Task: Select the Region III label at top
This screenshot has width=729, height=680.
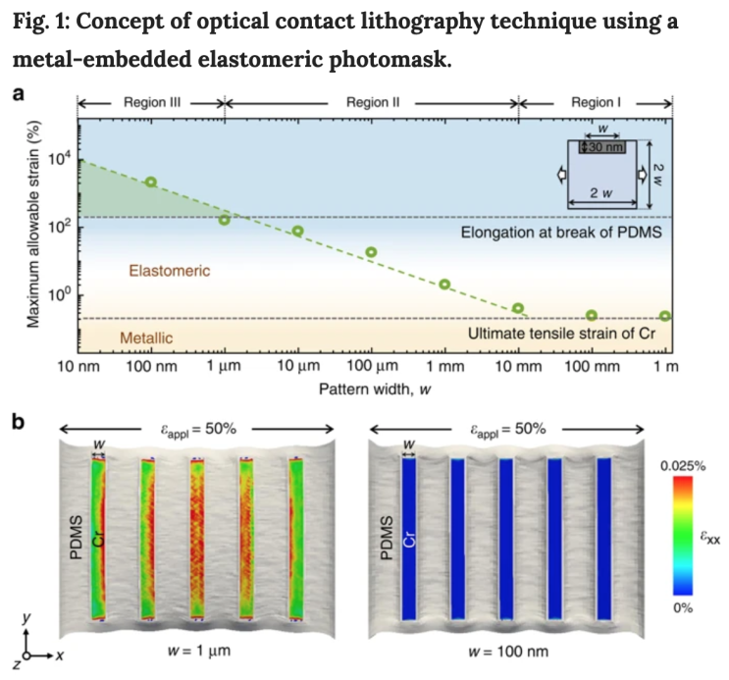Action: pyautogui.click(x=152, y=101)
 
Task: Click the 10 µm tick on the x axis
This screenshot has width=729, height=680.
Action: pyautogui.click(x=297, y=367)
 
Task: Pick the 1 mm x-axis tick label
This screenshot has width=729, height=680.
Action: pyautogui.click(x=444, y=367)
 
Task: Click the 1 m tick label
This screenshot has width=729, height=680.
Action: pyautogui.click(x=664, y=367)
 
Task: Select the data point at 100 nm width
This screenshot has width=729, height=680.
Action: pyautogui.click(x=150, y=182)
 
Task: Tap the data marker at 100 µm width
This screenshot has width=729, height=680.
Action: pyautogui.click(x=372, y=252)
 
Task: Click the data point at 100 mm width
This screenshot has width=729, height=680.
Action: pyautogui.click(x=592, y=315)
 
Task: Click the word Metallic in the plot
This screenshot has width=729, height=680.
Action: pyautogui.click(x=146, y=339)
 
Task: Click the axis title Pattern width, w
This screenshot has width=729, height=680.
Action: pyautogui.click(x=374, y=388)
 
